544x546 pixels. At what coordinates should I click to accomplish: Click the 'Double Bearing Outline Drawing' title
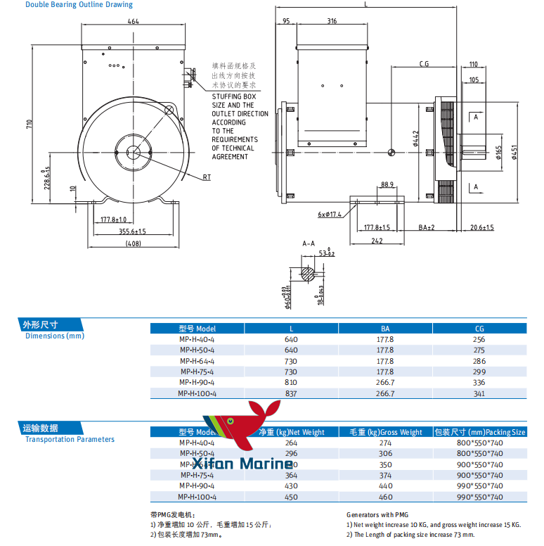point(79,5)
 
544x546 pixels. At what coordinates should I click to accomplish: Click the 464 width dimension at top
point(134,21)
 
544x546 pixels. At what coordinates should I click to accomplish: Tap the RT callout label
point(207,177)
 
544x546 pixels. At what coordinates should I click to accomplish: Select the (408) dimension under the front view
point(134,243)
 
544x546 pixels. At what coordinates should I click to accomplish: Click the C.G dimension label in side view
point(424,64)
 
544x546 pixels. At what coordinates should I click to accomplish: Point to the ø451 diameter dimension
point(517,153)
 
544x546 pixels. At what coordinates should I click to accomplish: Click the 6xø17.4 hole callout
point(330,214)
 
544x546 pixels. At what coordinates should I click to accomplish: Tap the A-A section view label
point(309,243)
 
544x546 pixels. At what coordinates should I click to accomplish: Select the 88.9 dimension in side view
point(387,185)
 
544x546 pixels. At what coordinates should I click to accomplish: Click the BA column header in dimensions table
point(385,329)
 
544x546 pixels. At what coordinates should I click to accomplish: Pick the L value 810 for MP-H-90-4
point(291,383)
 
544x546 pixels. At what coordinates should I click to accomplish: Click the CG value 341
point(479,394)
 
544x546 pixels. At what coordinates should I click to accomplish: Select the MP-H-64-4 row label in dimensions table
point(197,361)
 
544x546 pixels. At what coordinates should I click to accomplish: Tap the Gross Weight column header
point(382,432)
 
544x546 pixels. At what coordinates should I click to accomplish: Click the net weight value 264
point(291,443)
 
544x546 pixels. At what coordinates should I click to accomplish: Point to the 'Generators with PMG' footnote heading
point(377,515)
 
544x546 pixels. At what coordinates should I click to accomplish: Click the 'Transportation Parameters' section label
point(70,440)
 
